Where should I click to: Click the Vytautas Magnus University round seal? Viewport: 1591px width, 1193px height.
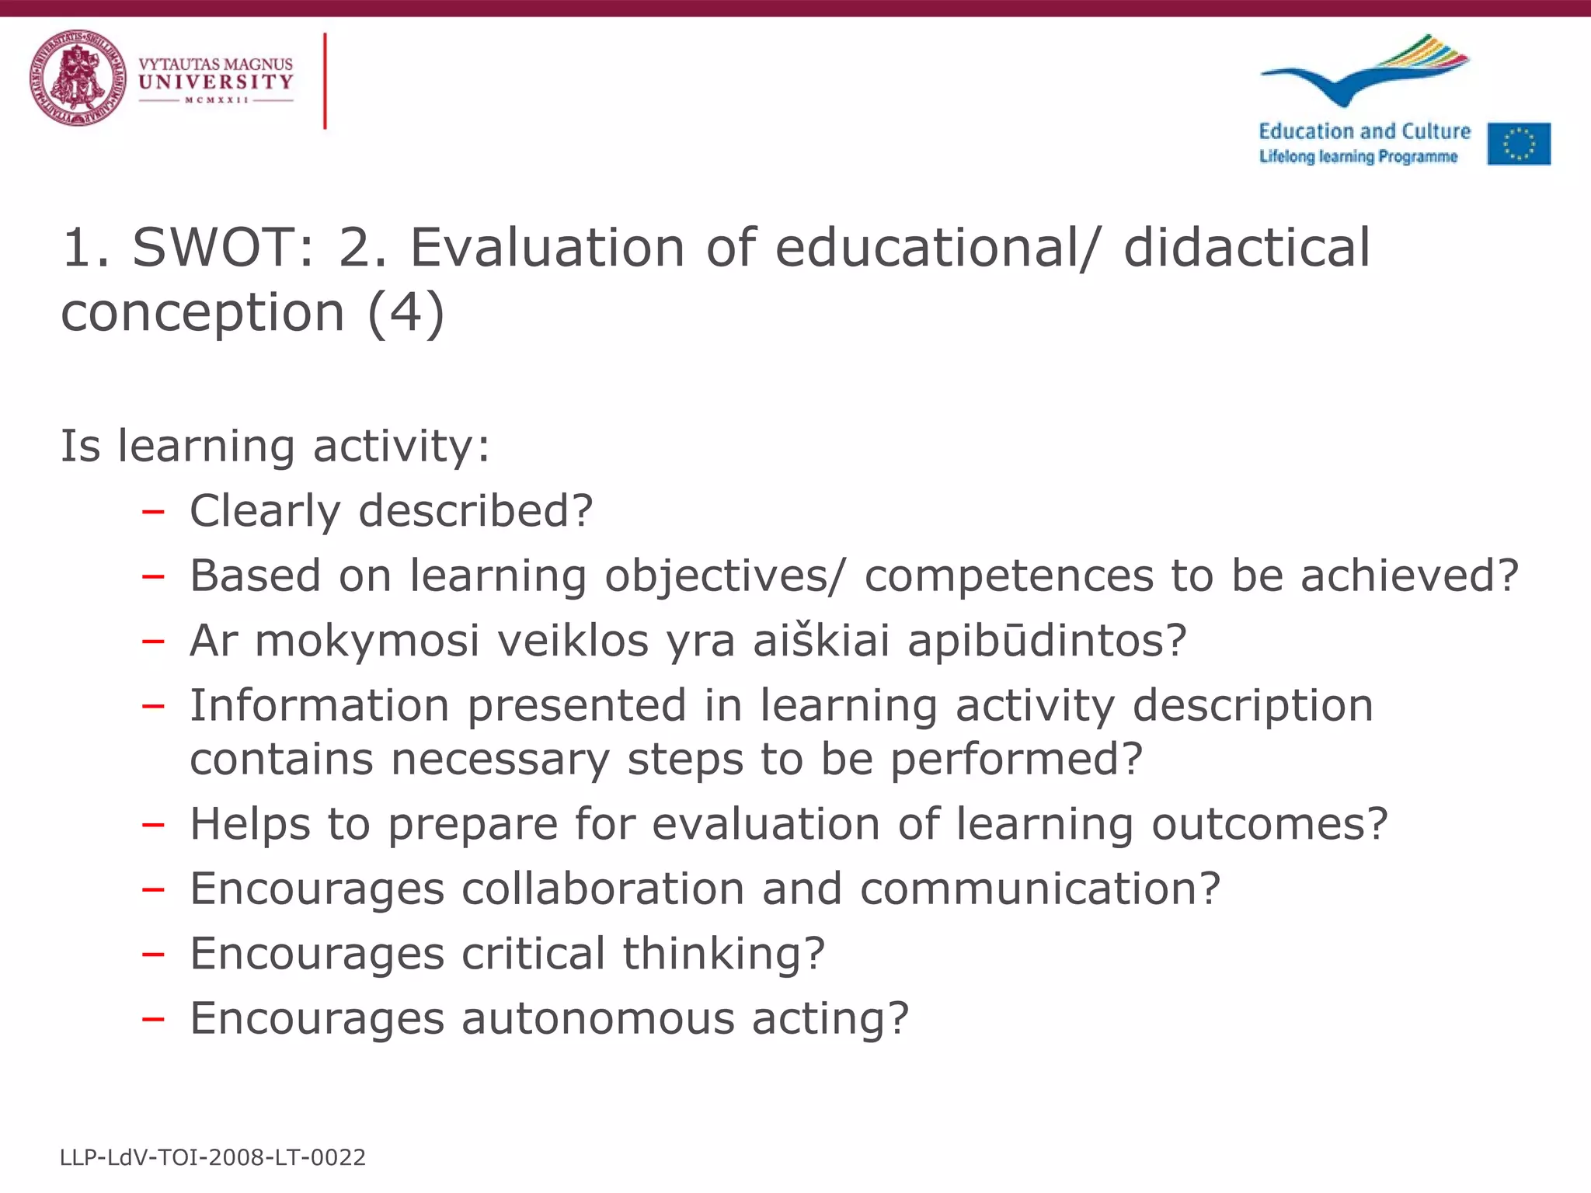[x=78, y=78]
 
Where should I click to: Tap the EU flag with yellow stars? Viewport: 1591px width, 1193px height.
[x=1519, y=144]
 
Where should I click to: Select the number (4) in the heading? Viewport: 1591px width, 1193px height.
[x=406, y=313]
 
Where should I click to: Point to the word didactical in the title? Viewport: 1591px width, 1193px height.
[x=1247, y=249]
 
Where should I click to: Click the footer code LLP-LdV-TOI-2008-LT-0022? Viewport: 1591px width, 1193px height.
[x=213, y=1157]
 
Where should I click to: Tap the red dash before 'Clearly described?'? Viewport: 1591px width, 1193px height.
[x=153, y=512]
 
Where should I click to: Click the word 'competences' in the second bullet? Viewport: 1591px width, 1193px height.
[x=1009, y=576]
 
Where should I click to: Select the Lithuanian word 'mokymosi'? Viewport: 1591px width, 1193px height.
[x=367, y=642]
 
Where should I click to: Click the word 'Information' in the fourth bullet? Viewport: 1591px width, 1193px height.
[x=319, y=706]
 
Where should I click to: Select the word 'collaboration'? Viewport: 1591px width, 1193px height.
[x=603, y=889]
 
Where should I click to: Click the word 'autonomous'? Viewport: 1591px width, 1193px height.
[x=598, y=1018]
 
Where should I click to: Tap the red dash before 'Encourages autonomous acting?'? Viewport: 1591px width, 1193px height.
[x=153, y=1019]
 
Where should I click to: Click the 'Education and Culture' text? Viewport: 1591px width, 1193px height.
[x=1364, y=131]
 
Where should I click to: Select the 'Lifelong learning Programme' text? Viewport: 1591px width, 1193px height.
[x=1358, y=157]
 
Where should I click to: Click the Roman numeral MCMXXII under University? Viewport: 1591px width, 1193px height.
[x=217, y=100]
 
